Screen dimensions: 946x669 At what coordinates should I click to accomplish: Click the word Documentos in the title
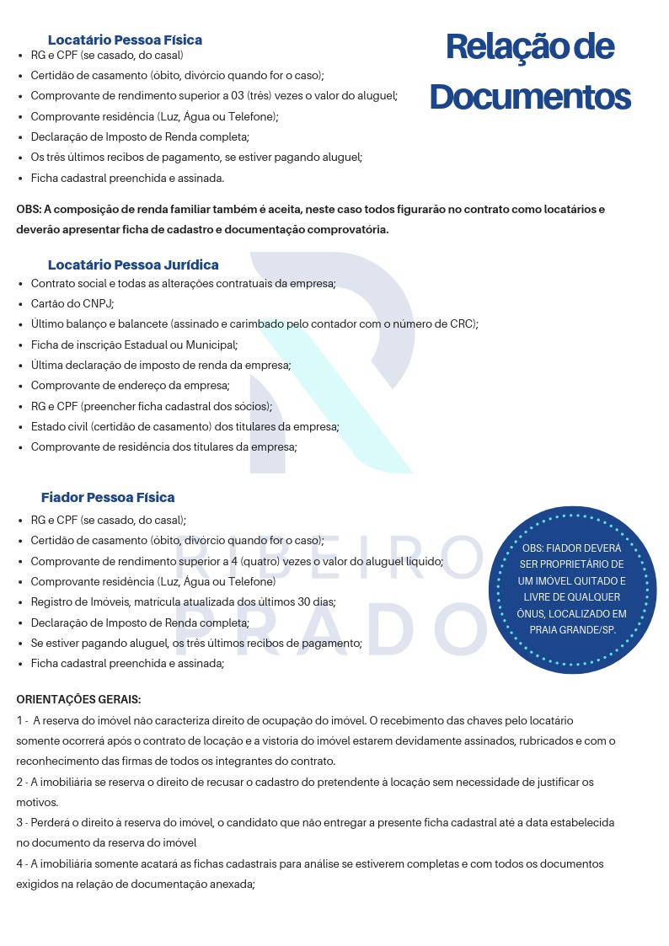tap(530, 97)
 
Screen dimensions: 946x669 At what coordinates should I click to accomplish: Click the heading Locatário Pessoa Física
tap(125, 40)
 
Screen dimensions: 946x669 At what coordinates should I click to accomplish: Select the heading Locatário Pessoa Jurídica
tap(133, 265)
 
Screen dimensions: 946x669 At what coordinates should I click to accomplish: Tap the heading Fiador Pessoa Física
tap(108, 497)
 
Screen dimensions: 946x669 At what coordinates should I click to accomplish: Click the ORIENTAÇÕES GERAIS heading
tap(78, 700)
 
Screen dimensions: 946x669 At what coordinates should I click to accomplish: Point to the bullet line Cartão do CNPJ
tap(72, 303)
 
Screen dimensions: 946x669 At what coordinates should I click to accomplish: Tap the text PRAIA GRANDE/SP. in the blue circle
tap(572, 629)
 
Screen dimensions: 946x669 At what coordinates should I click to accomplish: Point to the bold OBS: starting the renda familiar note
tap(29, 210)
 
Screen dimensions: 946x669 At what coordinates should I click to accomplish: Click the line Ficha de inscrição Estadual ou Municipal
tap(134, 345)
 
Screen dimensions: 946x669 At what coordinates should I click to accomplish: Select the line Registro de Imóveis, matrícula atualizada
tap(183, 602)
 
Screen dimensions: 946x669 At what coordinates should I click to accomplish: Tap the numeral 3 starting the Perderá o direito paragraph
tap(19, 822)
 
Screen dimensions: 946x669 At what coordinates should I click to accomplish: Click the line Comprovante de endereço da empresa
tap(130, 386)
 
